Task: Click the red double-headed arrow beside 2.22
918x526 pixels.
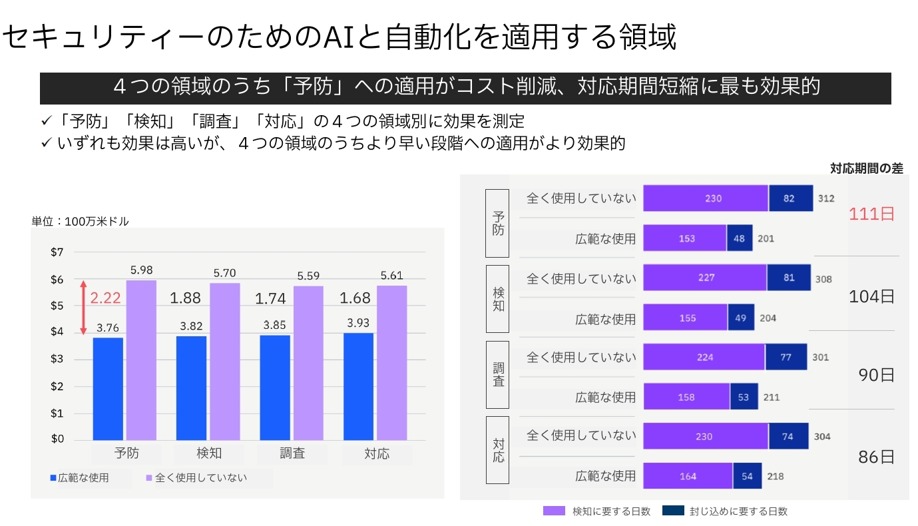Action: click(83, 308)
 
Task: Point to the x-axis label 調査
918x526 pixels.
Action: click(292, 454)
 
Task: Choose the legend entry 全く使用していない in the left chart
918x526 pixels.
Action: click(200, 477)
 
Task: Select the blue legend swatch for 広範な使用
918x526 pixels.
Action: click(53, 477)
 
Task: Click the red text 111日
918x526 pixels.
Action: click(871, 214)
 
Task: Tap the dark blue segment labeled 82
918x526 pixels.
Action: click(790, 198)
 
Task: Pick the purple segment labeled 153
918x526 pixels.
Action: click(684, 238)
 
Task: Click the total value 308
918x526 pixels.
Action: click(823, 279)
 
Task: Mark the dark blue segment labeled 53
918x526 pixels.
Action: click(744, 397)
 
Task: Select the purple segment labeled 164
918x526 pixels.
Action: click(688, 476)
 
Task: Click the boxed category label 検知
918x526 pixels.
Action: click(497, 299)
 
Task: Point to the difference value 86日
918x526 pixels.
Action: click(876, 457)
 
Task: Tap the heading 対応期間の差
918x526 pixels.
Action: click(866, 168)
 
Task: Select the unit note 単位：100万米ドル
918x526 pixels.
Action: click(80, 222)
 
